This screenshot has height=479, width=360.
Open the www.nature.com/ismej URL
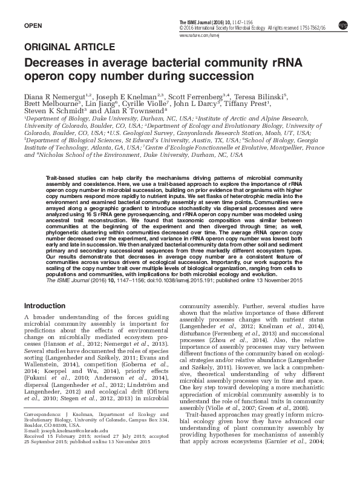click(198, 36)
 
